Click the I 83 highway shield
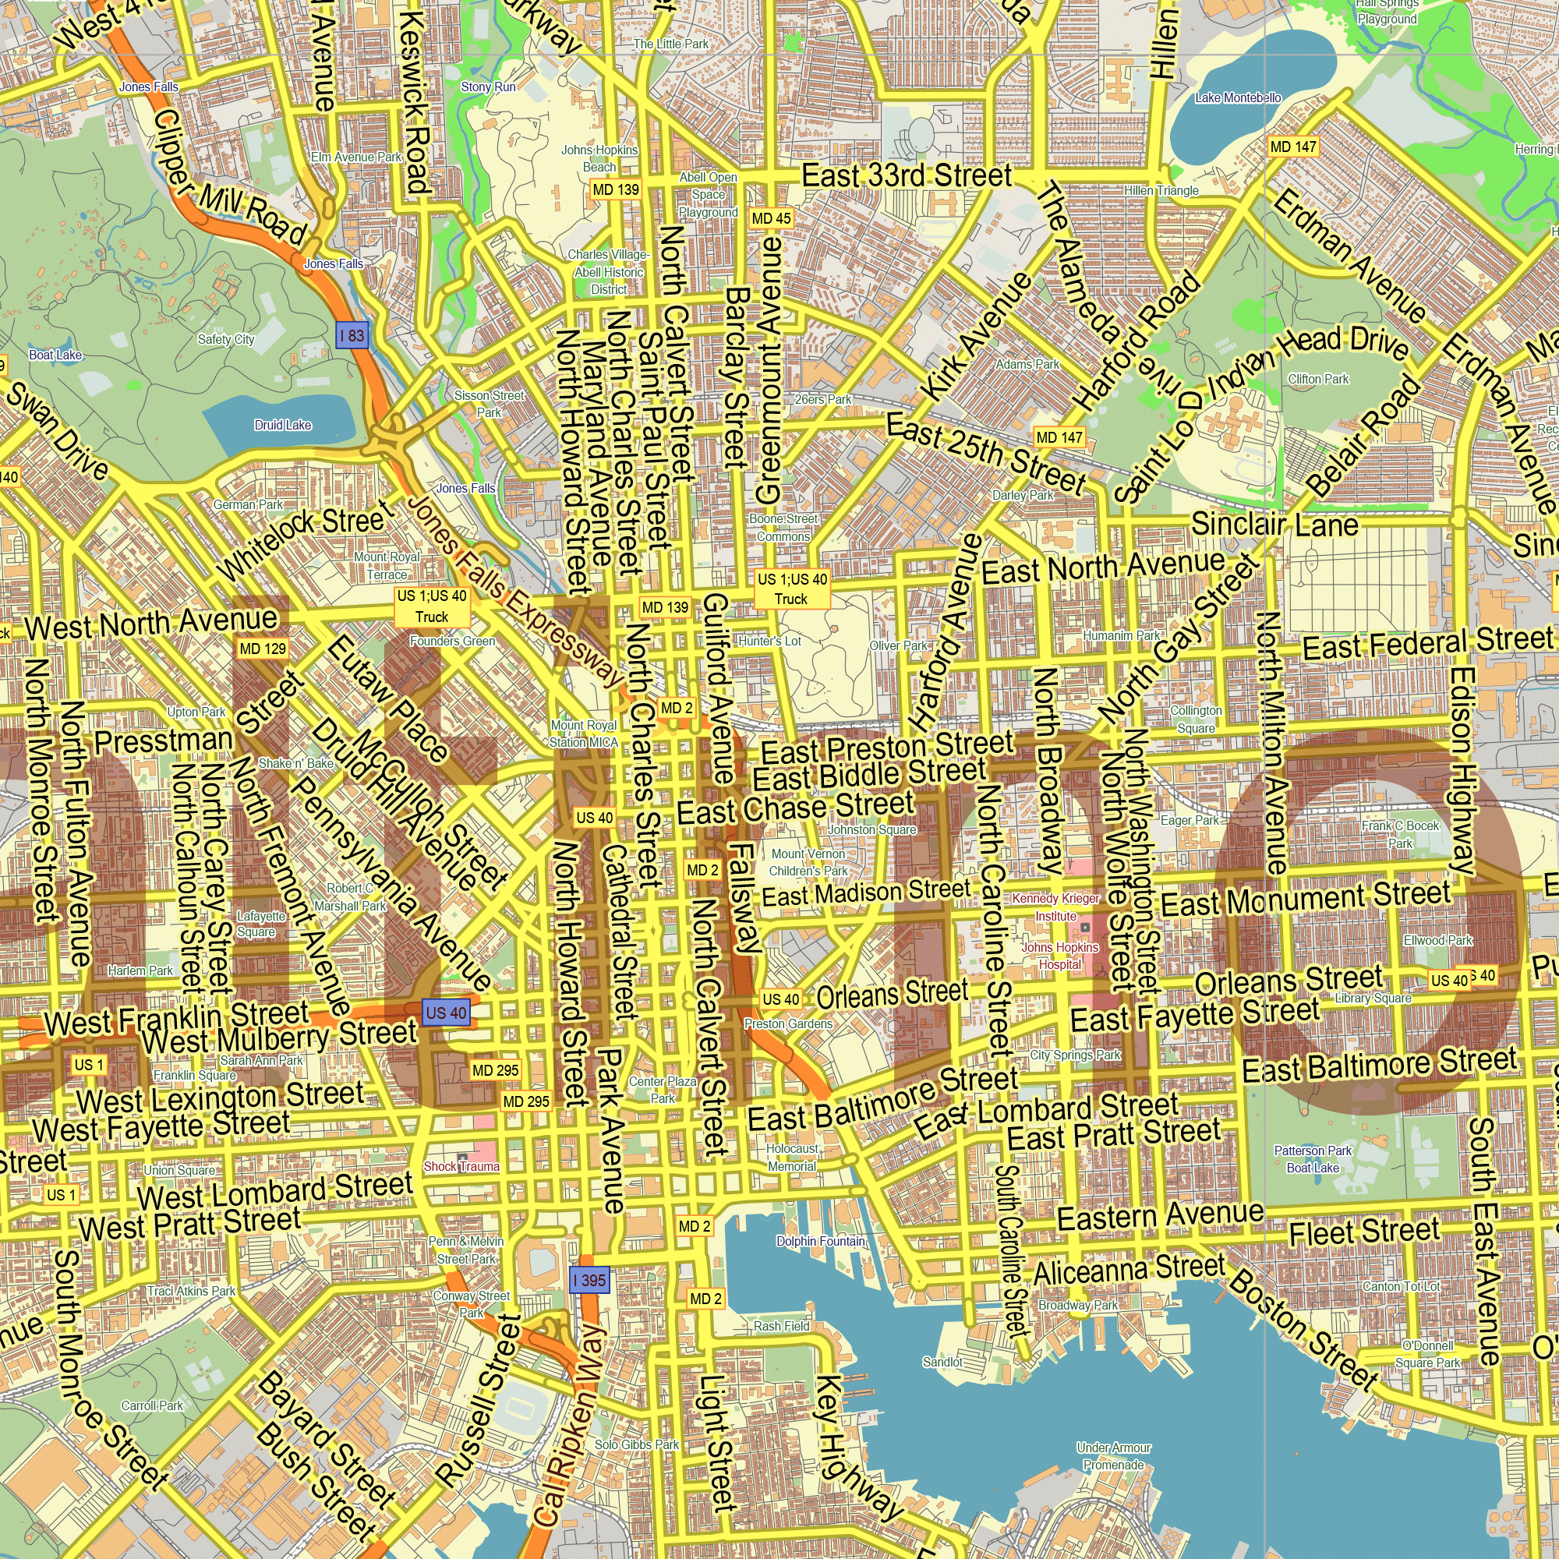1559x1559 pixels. [x=352, y=335]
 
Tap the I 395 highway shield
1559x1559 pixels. [x=589, y=1280]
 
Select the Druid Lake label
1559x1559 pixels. [x=282, y=426]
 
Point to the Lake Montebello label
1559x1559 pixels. [x=1238, y=97]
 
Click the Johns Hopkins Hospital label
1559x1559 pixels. [x=1059, y=956]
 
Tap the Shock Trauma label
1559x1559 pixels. [x=461, y=1166]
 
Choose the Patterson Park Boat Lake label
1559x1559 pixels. [x=1312, y=1159]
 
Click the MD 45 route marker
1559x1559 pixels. [x=771, y=218]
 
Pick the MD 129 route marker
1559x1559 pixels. [x=263, y=649]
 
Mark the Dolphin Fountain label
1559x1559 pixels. [x=820, y=1241]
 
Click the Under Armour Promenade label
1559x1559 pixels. [x=1114, y=1455]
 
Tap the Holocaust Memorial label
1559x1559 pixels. [x=792, y=1157]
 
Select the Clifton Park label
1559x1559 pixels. [x=1317, y=379]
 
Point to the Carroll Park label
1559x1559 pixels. [x=152, y=1405]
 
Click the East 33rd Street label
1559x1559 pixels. [x=907, y=175]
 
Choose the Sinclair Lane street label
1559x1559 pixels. [x=1275, y=525]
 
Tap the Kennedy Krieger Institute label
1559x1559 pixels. [x=1055, y=907]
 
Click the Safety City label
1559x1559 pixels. [x=226, y=339]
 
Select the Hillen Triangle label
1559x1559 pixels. [x=1161, y=190]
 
